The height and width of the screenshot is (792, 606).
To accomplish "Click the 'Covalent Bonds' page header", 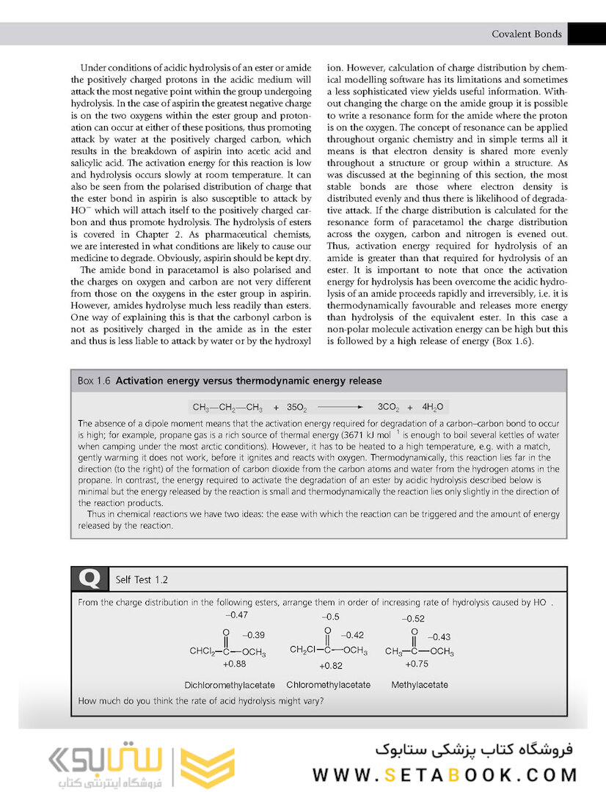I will tap(526, 34).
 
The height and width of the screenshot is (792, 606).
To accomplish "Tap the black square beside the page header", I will tap(586, 34).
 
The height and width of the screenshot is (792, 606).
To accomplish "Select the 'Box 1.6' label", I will tap(95, 381).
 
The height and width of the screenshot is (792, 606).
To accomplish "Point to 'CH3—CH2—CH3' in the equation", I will tap(227, 407).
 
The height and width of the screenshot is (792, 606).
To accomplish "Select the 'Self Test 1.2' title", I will tap(142, 579).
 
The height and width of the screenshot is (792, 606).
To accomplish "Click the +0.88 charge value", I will tap(234, 664).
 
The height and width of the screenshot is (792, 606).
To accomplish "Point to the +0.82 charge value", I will tap(331, 666).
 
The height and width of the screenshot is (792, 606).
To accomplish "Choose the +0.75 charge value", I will tap(417, 664).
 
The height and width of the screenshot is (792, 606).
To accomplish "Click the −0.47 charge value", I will tap(236, 615).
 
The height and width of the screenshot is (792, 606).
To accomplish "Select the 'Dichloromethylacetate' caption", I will tap(230, 685).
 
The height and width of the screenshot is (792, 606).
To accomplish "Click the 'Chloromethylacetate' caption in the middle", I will tap(328, 685).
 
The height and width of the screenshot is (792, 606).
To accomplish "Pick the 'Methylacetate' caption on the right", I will tap(420, 685).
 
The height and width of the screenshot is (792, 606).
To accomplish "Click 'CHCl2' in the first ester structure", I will tap(202, 651).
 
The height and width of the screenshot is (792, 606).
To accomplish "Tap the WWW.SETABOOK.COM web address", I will tap(445, 774).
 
